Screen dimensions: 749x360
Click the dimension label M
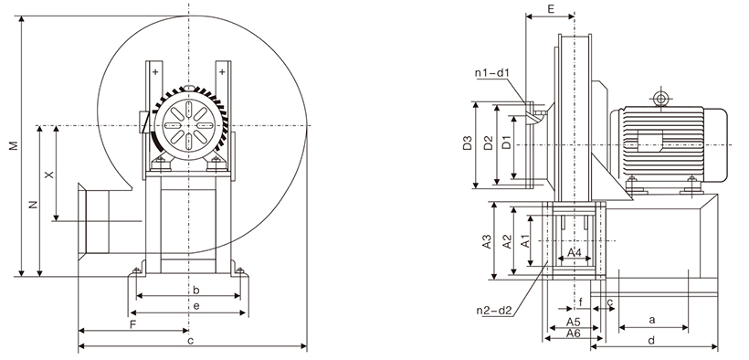15,145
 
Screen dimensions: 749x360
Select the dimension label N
32,205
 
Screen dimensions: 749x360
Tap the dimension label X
48,175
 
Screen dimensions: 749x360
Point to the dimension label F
133,324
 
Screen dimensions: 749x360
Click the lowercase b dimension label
195,291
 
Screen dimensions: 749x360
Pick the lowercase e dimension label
196,306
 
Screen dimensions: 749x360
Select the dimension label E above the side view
551,8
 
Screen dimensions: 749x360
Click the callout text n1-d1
493,73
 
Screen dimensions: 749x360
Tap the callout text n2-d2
494,311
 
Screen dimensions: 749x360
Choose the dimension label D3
468,143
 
